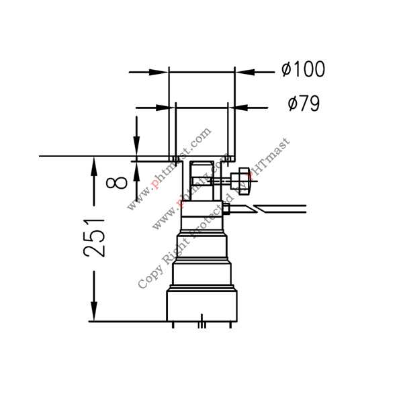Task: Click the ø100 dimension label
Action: click(x=304, y=69)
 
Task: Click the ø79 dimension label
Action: click(x=304, y=104)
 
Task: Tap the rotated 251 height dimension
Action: click(x=95, y=236)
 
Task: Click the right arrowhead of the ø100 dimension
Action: click(x=244, y=71)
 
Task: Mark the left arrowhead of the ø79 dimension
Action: click(x=165, y=106)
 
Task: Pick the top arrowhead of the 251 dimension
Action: click(x=94, y=165)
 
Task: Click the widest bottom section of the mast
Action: click(x=202, y=306)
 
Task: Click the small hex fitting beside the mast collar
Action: click(x=226, y=209)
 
